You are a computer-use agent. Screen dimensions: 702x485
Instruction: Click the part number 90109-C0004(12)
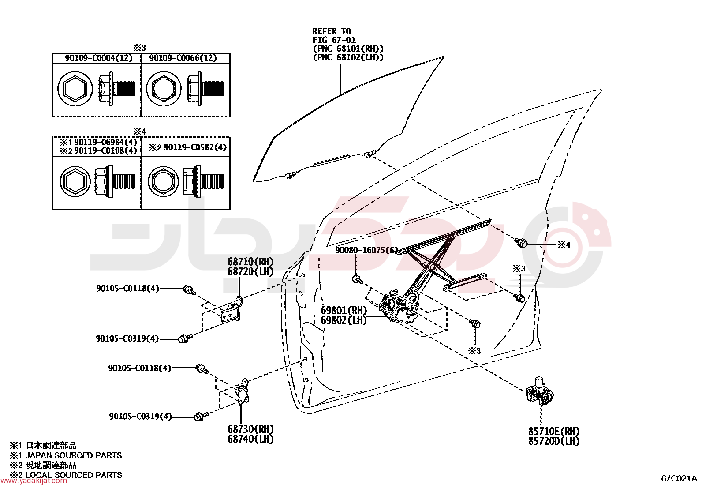click(98, 58)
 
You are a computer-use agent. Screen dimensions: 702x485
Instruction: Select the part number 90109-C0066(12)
click(183, 58)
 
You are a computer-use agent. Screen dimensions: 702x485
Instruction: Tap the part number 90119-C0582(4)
click(195, 147)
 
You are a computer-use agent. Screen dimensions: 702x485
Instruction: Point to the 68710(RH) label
click(250, 261)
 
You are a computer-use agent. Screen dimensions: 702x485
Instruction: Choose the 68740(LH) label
click(250, 439)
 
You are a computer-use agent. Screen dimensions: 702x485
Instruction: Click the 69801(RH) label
click(344, 310)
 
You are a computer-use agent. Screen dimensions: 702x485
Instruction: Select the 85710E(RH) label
click(554, 431)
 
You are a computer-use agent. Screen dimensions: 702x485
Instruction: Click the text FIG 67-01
click(334, 40)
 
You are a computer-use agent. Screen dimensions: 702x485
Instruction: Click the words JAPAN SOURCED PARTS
click(73, 455)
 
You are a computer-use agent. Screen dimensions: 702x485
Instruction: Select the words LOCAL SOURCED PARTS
click(73, 475)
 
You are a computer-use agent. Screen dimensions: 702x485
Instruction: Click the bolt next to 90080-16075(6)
click(358, 279)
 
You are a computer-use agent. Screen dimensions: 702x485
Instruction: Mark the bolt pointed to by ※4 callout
click(521, 242)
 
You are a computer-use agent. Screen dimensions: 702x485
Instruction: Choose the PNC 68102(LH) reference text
click(348, 57)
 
